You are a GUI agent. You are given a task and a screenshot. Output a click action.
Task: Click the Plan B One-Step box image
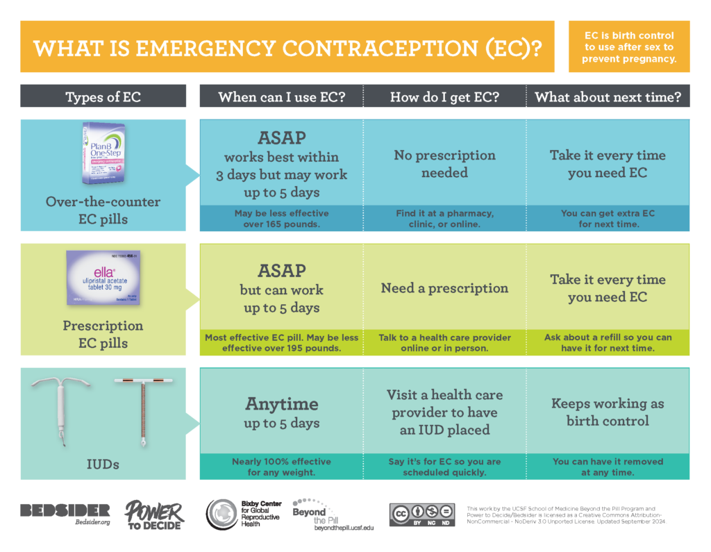(109, 153)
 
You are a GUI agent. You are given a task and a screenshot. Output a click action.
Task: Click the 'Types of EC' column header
(103, 97)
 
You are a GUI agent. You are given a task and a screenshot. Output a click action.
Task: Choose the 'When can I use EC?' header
(281, 97)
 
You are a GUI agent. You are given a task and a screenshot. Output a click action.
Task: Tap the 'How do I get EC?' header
(444, 97)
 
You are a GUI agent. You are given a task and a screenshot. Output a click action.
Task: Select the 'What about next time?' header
(608, 97)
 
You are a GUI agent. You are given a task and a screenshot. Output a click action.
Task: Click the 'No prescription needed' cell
(444, 164)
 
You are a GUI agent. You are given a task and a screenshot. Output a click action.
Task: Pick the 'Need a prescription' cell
(444, 288)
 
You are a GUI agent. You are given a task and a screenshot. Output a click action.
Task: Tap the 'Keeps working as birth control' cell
(608, 412)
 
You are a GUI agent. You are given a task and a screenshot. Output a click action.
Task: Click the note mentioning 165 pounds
(281, 219)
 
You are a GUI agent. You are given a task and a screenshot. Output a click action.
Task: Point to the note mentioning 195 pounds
(281, 343)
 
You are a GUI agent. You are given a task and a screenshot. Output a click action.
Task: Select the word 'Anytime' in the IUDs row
(281, 403)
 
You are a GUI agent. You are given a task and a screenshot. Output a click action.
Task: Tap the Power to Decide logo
(154, 515)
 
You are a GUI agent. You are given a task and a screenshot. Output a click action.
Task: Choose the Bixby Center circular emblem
(221, 515)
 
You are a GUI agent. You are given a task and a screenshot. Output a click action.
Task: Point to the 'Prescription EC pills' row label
(103, 334)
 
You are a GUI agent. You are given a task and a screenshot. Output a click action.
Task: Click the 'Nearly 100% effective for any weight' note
(281, 467)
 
